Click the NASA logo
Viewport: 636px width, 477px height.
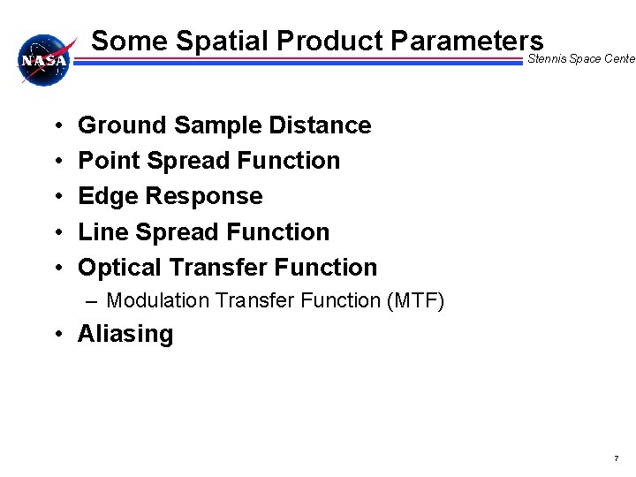(x=43, y=60)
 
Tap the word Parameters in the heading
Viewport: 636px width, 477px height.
(x=460, y=41)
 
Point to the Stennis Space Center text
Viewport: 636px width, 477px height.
(x=580, y=59)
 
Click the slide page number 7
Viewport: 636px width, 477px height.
(x=616, y=458)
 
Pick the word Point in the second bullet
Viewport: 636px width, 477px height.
(x=106, y=161)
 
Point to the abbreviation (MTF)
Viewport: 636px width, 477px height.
(x=415, y=301)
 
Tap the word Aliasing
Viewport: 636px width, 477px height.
(x=125, y=334)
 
